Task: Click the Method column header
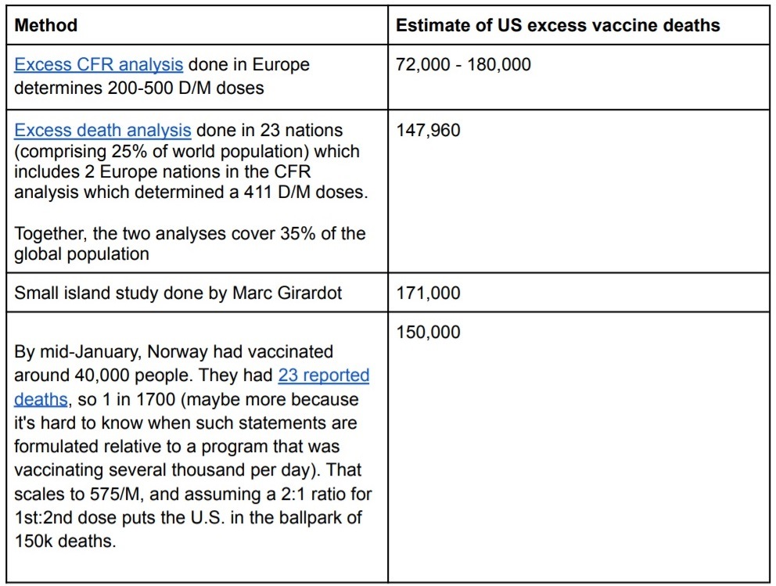46,25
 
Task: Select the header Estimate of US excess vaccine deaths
558,25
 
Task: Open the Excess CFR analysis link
99,64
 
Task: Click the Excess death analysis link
102,130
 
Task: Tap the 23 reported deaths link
323,376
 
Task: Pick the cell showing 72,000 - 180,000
463,64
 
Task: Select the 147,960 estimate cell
428,130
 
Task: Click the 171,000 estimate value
428,293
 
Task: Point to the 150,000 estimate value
428,332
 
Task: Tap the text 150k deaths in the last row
65,541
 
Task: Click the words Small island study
75,293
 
